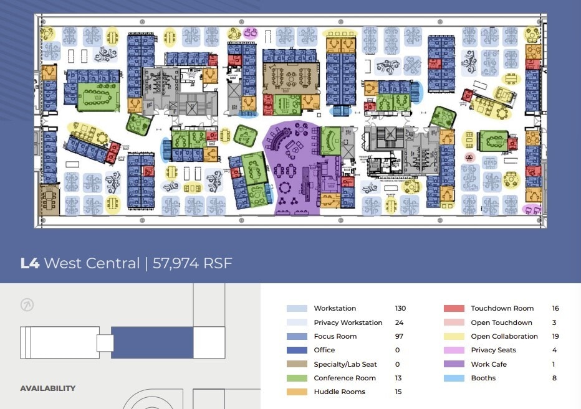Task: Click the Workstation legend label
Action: coord(335,309)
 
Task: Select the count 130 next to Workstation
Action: coord(400,309)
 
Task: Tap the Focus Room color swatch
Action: coord(296,337)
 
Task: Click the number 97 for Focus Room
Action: coord(399,337)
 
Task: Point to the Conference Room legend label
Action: coord(345,378)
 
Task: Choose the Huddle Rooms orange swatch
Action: coord(296,392)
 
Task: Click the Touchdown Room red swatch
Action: coord(453,309)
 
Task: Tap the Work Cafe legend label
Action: coord(489,364)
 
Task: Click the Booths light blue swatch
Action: coord(453,378)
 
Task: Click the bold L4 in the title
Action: coord(30,263)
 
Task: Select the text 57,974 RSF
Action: coord(192,263)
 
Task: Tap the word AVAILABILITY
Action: coord(47,388)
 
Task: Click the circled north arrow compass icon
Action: coord(27,305)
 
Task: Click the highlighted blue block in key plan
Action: coord(151,342)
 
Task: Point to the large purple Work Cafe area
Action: coord(293,168)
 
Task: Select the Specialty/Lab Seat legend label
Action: coord(348,364)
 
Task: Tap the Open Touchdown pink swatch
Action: coord(453,322)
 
